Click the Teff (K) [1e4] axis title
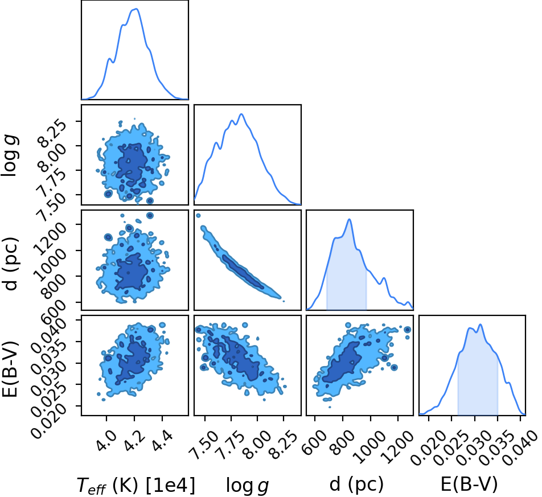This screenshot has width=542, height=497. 136,484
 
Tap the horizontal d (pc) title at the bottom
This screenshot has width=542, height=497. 356,484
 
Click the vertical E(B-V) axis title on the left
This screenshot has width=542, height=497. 10,368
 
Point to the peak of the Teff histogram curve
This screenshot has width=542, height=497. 136,9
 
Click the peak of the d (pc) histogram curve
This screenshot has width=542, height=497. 349,219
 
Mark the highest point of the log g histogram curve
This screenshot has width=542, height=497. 241,114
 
